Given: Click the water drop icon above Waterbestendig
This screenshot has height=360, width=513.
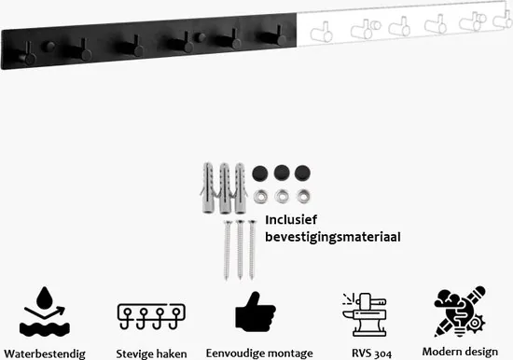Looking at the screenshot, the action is [x=45, y=312].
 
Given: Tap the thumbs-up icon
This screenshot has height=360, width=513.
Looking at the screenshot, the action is [x=256, y=312].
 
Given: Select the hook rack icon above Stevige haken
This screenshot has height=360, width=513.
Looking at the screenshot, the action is [x=151, y=316].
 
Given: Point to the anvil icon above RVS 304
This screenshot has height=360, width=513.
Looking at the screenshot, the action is [x=365, y=314].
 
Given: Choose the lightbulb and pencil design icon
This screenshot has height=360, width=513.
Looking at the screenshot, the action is [x=460, y=312].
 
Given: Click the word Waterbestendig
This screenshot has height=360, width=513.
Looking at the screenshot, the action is [x=45, y=353].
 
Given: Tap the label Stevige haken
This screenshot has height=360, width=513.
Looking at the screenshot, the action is [x=151, y=353].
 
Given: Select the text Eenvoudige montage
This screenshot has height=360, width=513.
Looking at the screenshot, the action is [x=259, y=353].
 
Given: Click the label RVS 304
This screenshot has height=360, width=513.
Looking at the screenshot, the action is [x=371, y=353].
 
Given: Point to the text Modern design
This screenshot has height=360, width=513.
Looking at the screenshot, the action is [x=460, y=352].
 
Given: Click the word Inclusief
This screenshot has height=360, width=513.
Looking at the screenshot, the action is [x=291, y=220].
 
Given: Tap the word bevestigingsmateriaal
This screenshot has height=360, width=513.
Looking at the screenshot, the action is [x=333, y=237].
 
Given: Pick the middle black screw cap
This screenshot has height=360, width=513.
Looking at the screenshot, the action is [x=282, y=173].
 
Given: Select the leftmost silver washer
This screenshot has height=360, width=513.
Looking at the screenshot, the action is [x=260, y=197].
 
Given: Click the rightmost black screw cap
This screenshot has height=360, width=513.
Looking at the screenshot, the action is [x=302, y=173].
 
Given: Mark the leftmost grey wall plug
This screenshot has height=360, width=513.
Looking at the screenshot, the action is [x=208, y=187].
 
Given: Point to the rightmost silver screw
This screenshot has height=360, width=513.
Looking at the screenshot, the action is [x=252, y=250].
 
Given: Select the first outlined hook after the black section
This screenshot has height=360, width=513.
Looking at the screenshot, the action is [x=323, y=33].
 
